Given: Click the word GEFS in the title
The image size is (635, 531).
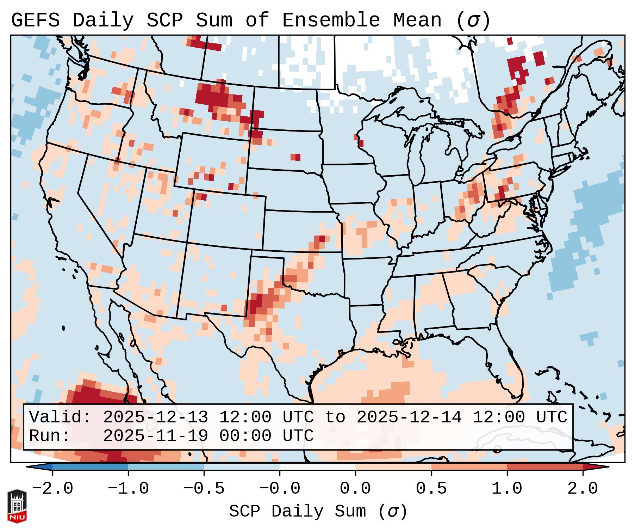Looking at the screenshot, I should point(35,20).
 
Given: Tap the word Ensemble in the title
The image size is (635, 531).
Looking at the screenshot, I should point(331,20).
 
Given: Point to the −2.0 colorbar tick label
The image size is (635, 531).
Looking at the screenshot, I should point(52,489).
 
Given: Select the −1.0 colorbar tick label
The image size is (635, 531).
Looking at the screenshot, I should point(128,489).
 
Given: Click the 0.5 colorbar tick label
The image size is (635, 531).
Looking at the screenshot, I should point(431,489).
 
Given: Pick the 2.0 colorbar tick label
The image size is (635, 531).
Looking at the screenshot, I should point(583,489).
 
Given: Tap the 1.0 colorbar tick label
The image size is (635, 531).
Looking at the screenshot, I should point(507,489).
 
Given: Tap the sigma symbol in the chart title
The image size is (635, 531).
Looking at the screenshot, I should point(473,20).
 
